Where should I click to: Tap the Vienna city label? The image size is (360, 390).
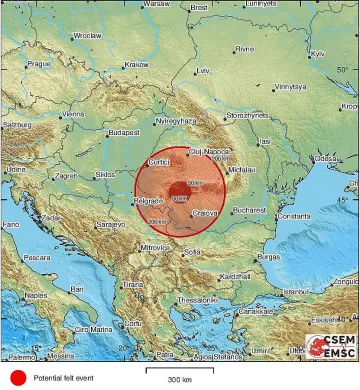coord(74,114)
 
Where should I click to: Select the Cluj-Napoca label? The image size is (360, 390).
coord(208,151)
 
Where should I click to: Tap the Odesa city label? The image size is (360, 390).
coord(326,158)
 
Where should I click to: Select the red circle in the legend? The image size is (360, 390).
coord(17,377)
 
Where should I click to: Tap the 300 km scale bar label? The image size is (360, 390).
coord(180,380)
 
